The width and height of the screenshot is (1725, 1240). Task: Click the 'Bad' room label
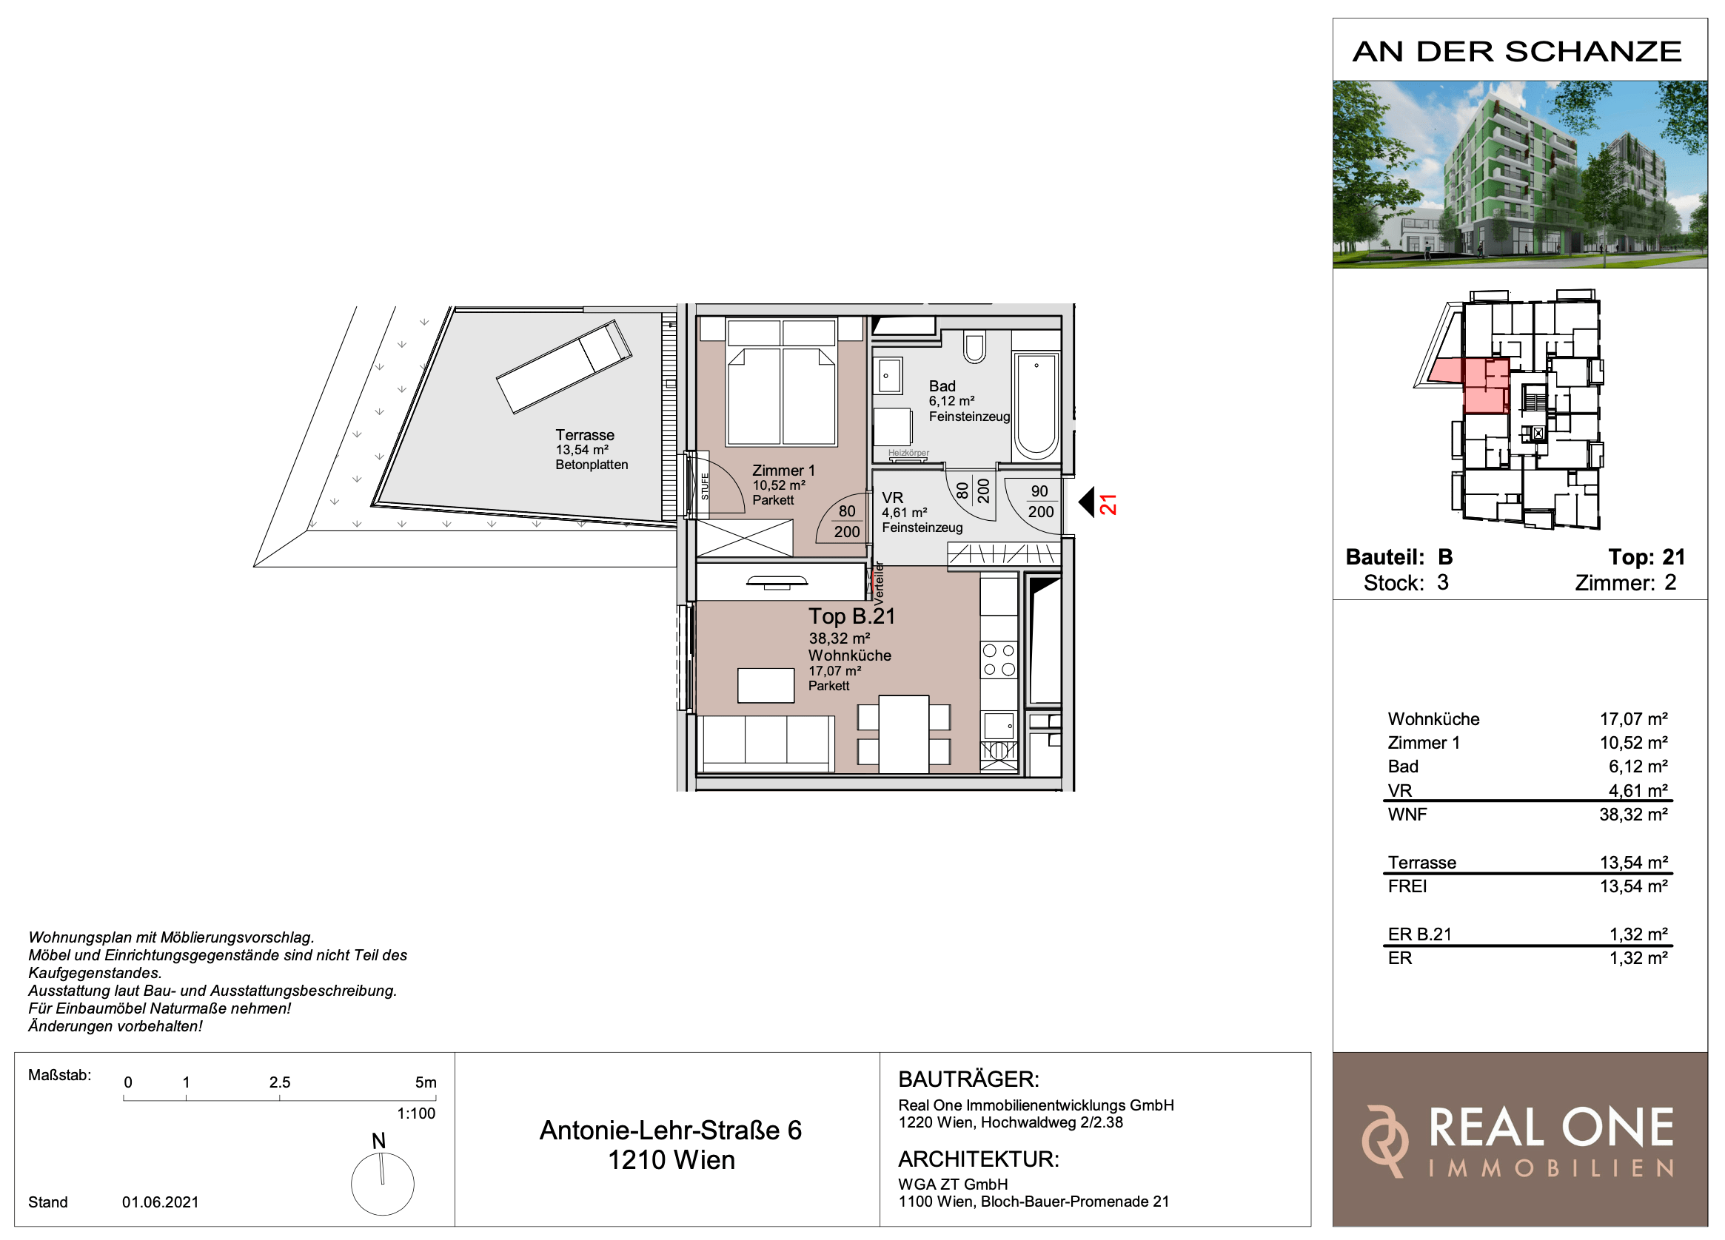pyautogui.click(x=942, y=386)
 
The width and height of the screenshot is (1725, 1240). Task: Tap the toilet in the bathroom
pyautogui.click(x=974, y=346)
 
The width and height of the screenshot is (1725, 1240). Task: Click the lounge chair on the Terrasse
pyautogui.click(x=563, y=366)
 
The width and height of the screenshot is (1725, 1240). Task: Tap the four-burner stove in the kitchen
pyautogui.click(x=999, y=660)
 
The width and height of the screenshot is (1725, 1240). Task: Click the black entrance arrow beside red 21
pyautogui.click(x=1086, y=502)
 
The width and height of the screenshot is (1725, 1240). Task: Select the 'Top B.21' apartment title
pyautogui.click(x=852, y=616)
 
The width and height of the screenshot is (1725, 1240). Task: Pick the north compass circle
pyautogui.click(x=383, y=1184)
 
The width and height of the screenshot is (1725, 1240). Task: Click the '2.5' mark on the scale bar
pyautogui.click(x=280, y=1082)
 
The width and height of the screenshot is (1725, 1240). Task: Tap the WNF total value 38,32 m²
pyautogui.click(x=1634, y=815)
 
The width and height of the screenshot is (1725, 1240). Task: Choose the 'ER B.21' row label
pyautogui.click(x=1420, y=934)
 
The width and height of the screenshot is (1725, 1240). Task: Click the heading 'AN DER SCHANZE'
pyautogui.click(x=1518, y=52)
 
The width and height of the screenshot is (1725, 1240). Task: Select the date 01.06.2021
pyautogui.click(x=161, y=1202)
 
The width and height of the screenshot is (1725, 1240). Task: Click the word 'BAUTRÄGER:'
pyautogui.click(x=968, y=1079)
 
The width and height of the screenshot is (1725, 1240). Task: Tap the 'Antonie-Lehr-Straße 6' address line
pyautogui.click(x=671, y=1131)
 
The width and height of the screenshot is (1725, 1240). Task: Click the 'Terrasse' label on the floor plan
pyautogui.click(x=585, y=435)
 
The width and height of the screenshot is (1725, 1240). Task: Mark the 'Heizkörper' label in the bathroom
pyautogui.click(x=908, y=453)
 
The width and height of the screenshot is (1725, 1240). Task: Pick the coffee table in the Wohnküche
pyautogui.click(x=766, y=685)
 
